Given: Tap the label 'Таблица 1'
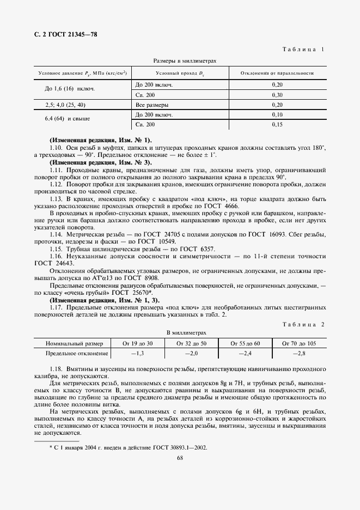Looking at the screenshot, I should coord(303,50).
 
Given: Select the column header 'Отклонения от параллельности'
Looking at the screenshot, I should coord(277,73).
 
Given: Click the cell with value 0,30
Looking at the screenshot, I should coord(277,95).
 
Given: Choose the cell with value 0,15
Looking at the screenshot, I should coord(277,124).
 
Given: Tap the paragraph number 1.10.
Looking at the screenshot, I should coord(57,148).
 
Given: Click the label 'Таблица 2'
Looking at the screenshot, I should coord(303,324).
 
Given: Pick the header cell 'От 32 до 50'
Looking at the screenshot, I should coord(192,343).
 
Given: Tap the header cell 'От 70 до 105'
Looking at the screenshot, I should coord(299,343).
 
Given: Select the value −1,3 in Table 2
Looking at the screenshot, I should coord(138,354).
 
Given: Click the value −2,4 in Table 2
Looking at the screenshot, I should coord(245,354).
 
